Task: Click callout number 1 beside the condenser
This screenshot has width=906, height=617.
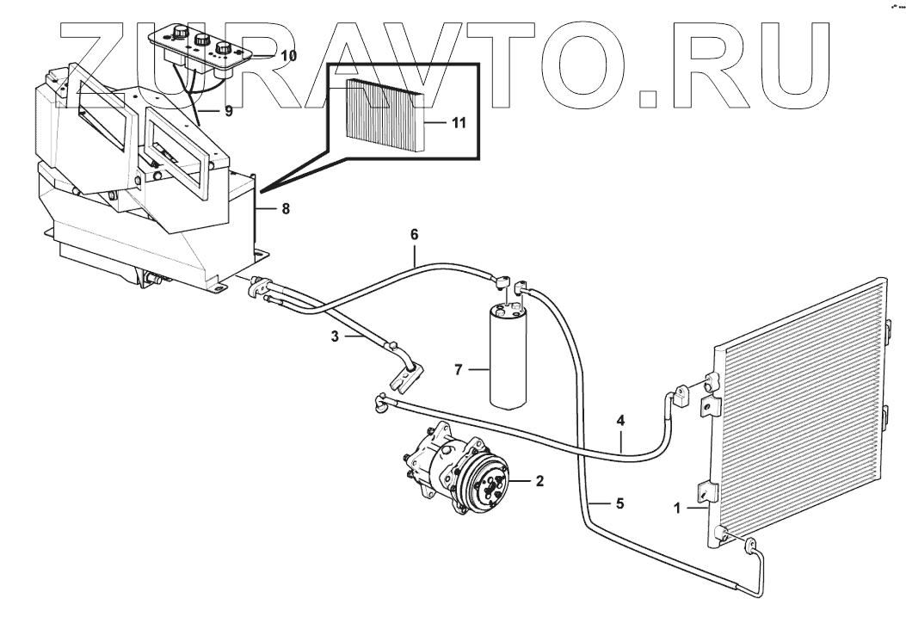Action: [678, 509]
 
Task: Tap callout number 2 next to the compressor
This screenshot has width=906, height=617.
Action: [539, 481]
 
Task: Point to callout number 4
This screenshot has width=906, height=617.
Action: [619, 422]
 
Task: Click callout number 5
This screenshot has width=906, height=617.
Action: [619, 503]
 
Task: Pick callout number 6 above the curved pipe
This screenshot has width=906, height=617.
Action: [414, 233]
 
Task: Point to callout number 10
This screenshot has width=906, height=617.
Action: [288, 55]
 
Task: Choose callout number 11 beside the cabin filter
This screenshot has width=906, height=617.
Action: [458, 123]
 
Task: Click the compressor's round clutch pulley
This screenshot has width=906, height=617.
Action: [486, 487]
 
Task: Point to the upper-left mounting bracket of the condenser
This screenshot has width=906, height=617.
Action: [711, 383]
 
